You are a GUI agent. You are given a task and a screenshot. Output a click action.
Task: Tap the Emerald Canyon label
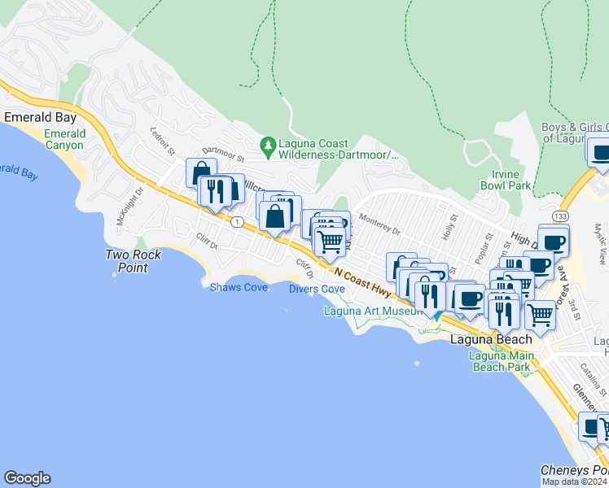64,139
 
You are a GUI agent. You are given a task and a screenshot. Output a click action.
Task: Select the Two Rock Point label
133,260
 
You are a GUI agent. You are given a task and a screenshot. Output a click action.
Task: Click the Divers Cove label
317,289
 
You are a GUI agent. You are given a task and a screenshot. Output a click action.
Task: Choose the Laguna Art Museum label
371,311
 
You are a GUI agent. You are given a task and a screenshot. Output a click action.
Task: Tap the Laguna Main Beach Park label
500,361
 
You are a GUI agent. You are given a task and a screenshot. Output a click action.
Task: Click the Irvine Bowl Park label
511,180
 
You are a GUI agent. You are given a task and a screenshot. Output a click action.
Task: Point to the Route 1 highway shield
236,221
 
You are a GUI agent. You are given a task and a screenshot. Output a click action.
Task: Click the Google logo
27,478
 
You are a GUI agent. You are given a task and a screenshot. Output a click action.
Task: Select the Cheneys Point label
574,471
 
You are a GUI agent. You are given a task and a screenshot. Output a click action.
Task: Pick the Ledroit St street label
163,141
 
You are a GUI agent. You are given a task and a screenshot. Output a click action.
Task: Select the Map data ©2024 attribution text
575,481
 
